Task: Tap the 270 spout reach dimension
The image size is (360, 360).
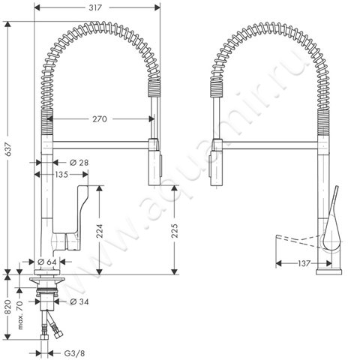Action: pos(101,118)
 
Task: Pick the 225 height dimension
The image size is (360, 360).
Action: pos(175,232)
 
